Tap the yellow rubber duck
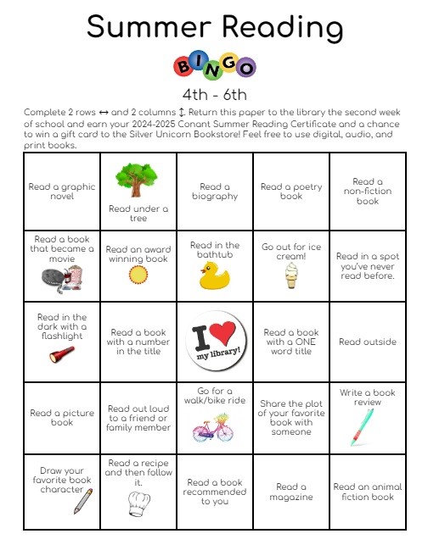coord(214,275)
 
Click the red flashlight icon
coord(60,353)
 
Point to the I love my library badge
coord(214,342)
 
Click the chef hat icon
coord(137,502)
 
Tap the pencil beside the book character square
coord(83,502)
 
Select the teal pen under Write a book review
coord(359,427)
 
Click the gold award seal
coord(137,275)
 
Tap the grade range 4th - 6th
coord(214,94)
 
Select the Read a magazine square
coord(291,492)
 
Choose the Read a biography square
coord(215,192)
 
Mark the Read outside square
coord(367,342)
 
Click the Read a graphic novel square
coord(62,192)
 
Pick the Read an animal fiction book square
coord(367,492)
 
